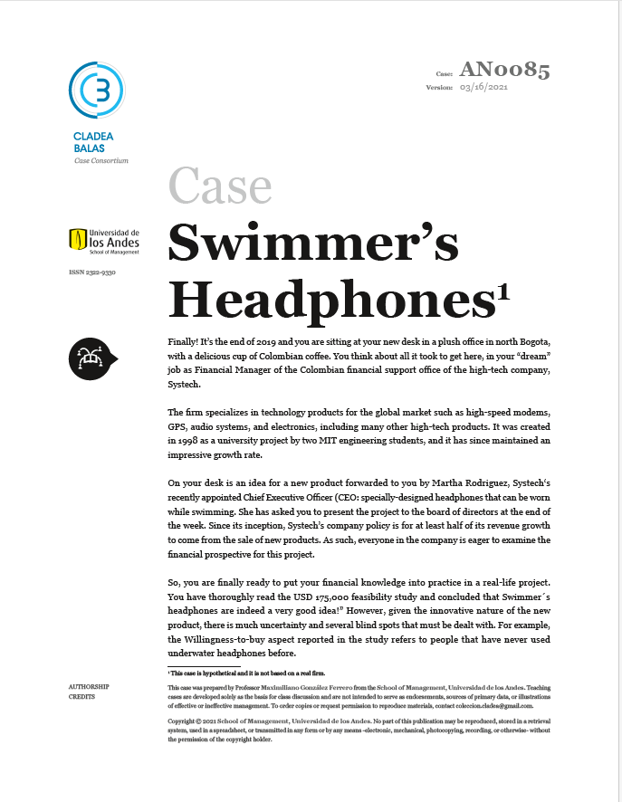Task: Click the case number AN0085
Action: tap(504, 69)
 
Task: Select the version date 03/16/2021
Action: tap(485, 87)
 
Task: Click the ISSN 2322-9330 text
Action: tap(92, 272)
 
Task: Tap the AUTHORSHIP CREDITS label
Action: tap(89, 692)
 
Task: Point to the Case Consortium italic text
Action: tap(101, 160)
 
